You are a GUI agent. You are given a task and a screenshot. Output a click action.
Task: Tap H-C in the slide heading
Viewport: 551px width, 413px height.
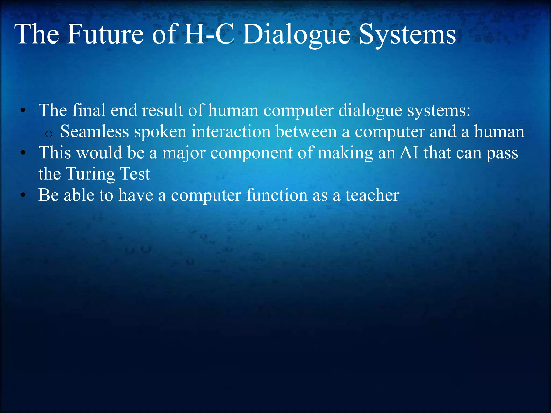pos(209,34)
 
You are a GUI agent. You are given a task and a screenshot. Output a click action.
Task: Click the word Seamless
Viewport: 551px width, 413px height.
pos(94,132)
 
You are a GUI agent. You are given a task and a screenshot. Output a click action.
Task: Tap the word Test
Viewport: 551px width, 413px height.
pos(135,174)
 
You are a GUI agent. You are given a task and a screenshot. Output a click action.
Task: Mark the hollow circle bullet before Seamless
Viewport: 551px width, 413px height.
pos(49,134)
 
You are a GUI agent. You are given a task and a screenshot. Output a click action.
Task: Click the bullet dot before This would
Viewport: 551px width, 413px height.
pos(23,153)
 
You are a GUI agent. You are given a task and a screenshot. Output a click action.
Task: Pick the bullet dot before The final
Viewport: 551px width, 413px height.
pos(23,110)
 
